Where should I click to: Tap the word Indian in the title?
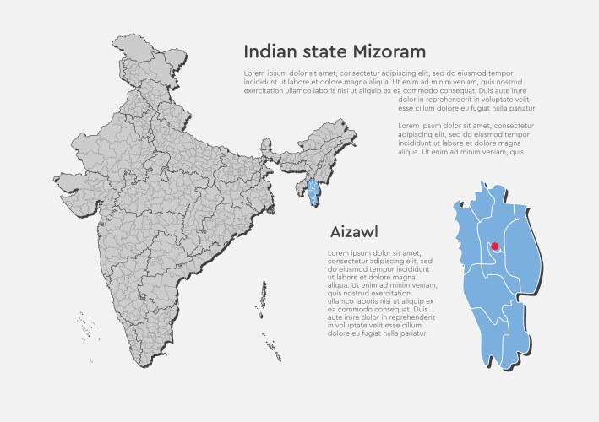point(267,52)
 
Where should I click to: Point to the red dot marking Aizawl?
point(495,246)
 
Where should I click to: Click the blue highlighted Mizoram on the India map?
point(313,193)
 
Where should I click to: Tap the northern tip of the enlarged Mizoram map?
point(484,184)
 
